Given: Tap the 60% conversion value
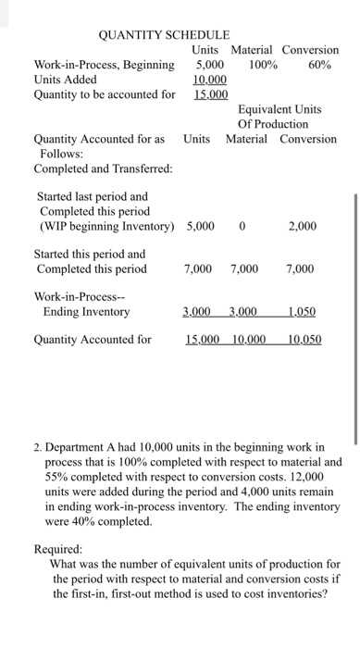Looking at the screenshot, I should [319, 65].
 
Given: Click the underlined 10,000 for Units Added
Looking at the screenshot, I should [212, 80].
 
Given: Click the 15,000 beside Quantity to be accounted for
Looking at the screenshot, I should [212, 94].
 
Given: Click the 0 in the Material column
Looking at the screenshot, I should [242, 224].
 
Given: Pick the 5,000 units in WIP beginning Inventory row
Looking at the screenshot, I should [203, 224].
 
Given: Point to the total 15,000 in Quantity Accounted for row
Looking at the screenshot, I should [203, 340].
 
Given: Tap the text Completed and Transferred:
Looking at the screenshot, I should [96, 168].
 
